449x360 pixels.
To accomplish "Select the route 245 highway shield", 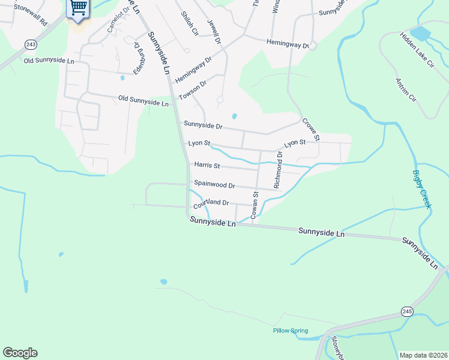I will (x=407, y=310).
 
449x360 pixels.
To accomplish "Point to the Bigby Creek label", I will (x=421, y=190).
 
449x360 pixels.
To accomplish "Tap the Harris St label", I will (x=207, y=165).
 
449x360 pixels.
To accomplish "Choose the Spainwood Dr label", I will (x=214, y=185).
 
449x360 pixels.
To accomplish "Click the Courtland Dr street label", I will (x=211, y=203).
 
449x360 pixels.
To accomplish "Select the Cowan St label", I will (x=255, y=204).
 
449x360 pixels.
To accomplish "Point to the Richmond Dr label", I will (x=278, y=170).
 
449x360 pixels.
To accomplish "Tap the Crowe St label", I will (x=311, y=129).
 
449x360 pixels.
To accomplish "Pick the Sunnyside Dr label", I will (x=203, y=126).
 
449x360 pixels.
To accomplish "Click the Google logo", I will (x=20, y=353).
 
